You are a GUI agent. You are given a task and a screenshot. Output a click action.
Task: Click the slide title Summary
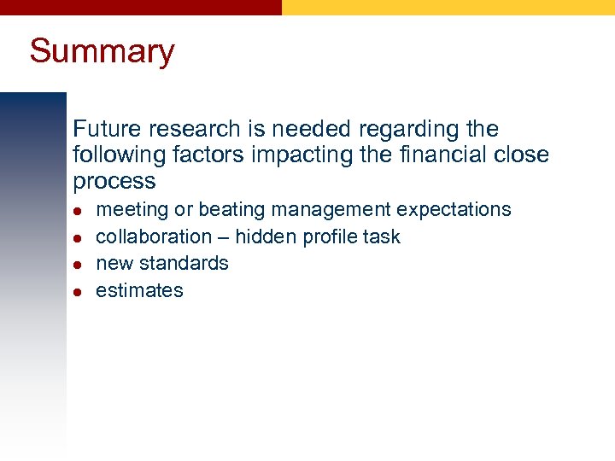click(x=102, y=51)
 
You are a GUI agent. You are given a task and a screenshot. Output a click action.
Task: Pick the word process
click(x=114, y=182)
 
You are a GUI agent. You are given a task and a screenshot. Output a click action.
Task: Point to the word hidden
click(x=265, y=236)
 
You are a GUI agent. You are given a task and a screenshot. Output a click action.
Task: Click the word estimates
click(x=139, y=290)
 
